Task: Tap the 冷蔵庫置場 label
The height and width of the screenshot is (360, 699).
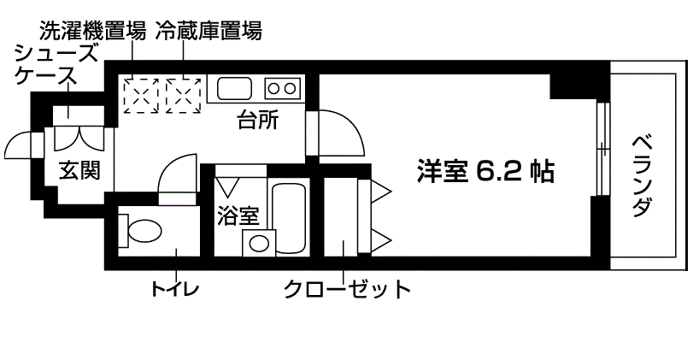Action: (x=208, y=32)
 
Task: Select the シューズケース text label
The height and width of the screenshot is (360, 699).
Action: (x=45, y=65)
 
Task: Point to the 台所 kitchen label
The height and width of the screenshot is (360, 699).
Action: (x=257, y=122)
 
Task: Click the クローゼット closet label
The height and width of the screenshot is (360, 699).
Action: (x=347, y=289)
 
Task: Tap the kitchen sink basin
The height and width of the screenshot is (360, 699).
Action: (x=233, y=88)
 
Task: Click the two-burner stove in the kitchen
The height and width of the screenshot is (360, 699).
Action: (x=281, y=87)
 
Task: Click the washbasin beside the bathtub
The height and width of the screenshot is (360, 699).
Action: (x=256, y=242)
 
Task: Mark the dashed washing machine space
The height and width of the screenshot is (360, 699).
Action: (x=142, y=94)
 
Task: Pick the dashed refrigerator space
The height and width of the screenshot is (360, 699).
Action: (x=184, y=94)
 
